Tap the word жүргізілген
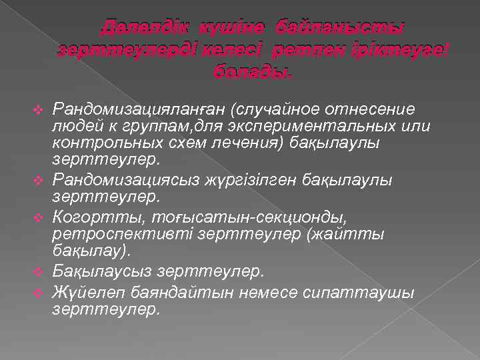point(239,180)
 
